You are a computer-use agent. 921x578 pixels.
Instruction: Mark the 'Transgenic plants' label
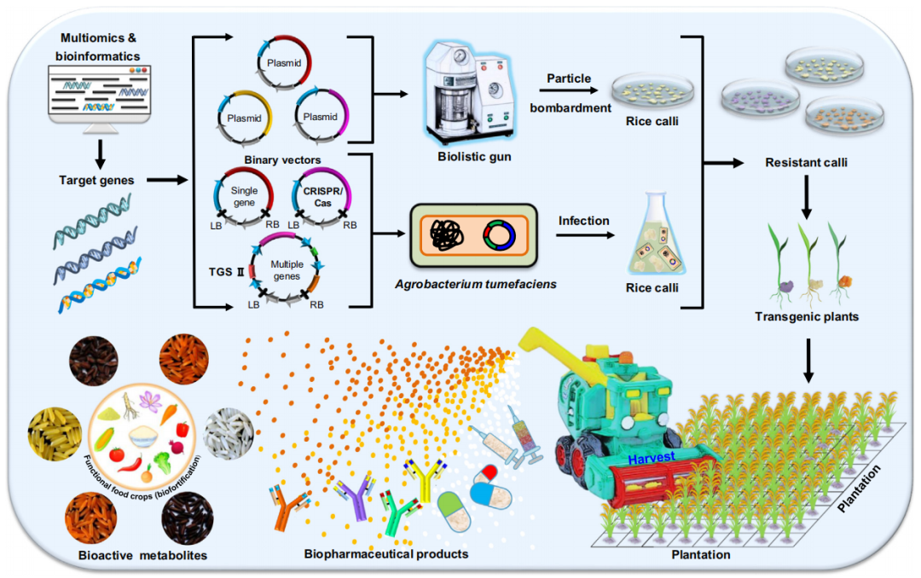click(x=806, y=316)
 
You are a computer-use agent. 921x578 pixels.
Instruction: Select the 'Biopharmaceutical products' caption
click(x=386, y=554)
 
